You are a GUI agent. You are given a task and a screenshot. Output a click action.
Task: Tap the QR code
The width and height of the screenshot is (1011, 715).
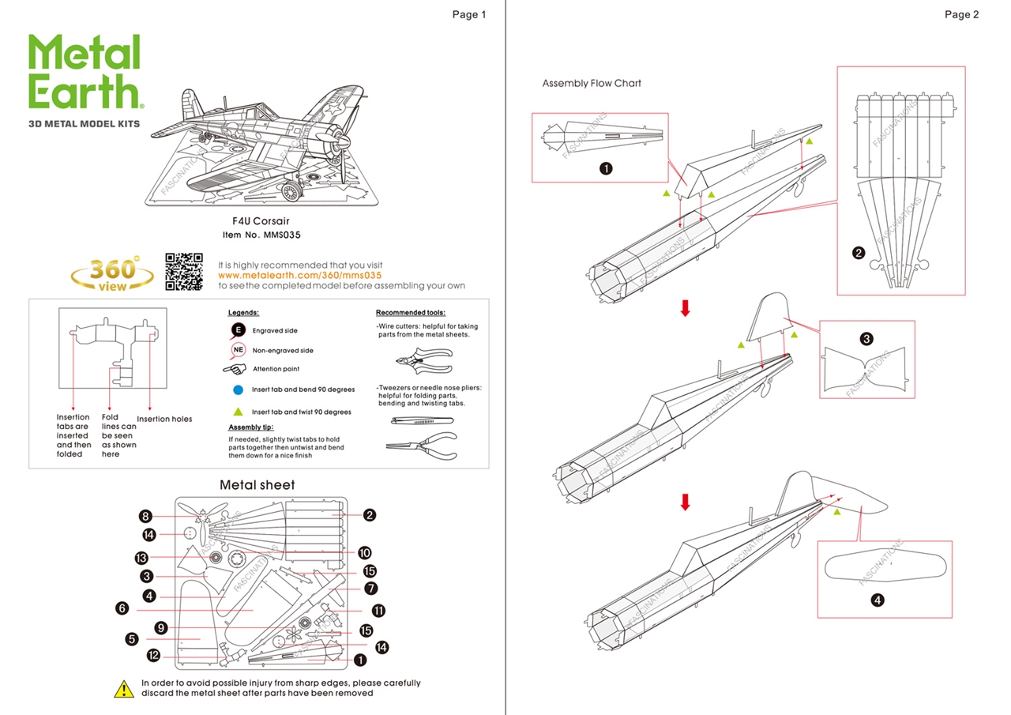(x=184, y=272)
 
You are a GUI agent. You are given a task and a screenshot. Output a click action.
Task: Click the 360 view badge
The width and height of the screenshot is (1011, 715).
(x=113, y=273)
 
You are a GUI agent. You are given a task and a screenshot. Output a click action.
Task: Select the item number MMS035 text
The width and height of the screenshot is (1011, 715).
(x=262, y=235)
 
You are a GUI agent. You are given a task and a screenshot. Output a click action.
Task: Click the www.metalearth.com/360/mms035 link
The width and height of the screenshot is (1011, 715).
(x=300, y=275)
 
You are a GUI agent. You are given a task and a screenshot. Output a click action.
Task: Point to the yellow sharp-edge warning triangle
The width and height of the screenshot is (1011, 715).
(x=124, y=689)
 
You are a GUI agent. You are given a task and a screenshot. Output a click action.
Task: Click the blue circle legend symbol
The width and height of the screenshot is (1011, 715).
(x=238, y=389)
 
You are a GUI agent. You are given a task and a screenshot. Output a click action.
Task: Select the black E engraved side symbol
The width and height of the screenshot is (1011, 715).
(x=238, y=330)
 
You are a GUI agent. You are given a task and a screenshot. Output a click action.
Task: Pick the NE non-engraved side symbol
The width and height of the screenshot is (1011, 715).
(x=238, y=350)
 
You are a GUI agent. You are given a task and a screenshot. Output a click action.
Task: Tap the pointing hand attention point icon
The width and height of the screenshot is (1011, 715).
(x=235, y=369)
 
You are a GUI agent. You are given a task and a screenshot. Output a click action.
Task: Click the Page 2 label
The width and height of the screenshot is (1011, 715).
(x=961, y=14)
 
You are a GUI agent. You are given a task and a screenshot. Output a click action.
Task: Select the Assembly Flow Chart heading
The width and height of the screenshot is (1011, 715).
(x=592, y=83)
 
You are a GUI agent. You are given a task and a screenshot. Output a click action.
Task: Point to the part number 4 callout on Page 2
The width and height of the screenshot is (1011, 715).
(x=877, y=600)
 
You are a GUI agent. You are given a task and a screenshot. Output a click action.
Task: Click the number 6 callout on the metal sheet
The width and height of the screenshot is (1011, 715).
(x=122, y=608)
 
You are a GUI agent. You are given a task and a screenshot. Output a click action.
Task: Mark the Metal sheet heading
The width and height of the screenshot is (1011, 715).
(x=257, y=484)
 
